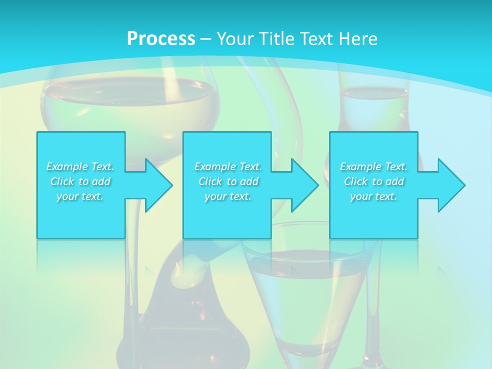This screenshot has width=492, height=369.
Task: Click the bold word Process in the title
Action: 161,38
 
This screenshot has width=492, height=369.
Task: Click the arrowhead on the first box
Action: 156,185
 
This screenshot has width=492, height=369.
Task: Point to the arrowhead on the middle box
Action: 303,185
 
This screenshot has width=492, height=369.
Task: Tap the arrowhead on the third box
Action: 449,185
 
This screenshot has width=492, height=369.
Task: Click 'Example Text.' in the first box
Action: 80,167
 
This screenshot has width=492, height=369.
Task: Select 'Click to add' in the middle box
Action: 228,181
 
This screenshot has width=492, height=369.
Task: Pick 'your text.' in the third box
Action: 374,196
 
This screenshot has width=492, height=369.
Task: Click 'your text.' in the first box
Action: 80,196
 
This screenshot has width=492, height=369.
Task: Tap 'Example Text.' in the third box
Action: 374,167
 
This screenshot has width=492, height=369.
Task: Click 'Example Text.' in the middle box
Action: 228,167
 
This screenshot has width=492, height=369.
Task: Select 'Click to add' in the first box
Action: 80,181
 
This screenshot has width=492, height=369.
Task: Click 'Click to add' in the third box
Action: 374,181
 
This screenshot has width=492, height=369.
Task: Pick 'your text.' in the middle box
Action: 228,196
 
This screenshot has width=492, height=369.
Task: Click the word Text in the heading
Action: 314,38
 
